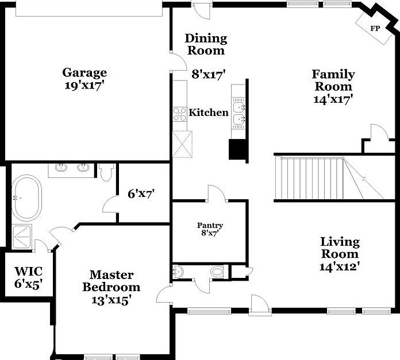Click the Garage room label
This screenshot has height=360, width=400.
pos(84,73)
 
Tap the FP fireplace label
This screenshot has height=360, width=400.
pos(375,28)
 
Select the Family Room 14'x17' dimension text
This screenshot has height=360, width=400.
pos(333,99)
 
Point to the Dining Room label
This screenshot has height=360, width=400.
pos(206,44)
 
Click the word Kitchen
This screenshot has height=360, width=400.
pos(209,113)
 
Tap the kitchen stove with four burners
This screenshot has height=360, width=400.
pos(180,114)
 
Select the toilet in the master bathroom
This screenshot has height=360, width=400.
pos(106,172)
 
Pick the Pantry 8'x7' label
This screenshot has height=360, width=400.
pos(210,229)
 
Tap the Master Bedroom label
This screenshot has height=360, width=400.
pos(111,281)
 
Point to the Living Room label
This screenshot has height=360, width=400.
pos(340,247)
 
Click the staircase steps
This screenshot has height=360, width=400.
pos(310,178)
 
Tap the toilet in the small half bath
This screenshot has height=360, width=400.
pos(217,271)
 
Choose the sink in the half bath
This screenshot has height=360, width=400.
pos(178,272)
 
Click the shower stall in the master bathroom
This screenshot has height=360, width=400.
pos(22,235)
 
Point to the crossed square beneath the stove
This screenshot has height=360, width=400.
pos(182,144)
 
